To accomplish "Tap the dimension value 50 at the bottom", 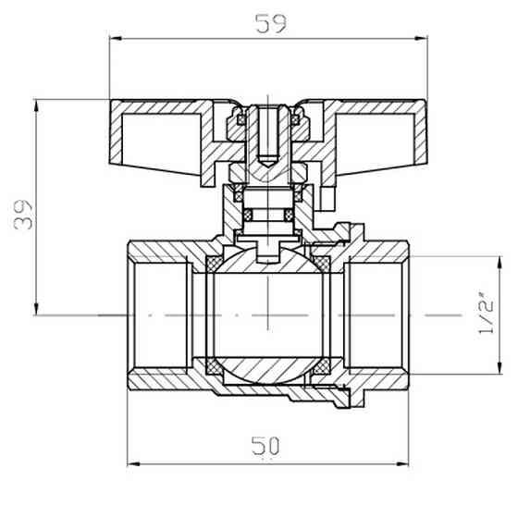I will pos(265,446).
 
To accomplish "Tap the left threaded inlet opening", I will pos(159,315).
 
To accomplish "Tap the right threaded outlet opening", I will pos(375,315).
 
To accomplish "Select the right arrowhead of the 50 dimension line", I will pos(403,463).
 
